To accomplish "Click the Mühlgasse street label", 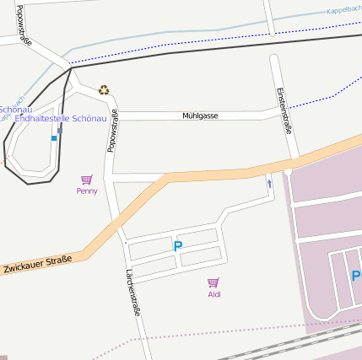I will pyautogui.click(x=200, y=116).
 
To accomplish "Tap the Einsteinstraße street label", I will pyautogui.click(x=284, y=110).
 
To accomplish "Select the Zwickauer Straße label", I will pyautogui.click(x=36, y=264).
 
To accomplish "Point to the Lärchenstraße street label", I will pyautogui.click(x=133, y=291).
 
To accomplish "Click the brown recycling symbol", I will pyautogui.click(x=104, y=89).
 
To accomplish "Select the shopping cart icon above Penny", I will pyautogui.click(x=86, y=180).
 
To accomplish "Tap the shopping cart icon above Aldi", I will pyautogui.click(x=213, y=283).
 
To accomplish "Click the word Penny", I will pyautogui.click(x=86, y=191).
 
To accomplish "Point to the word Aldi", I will pyautogui.click(x=213, y=294).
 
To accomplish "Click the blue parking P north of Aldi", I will pyautogui.click(x=177, y=246).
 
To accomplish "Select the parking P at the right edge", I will pyautogui.click(x=355, y=277).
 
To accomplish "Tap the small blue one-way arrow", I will pyautogui.click(x=269, y=183).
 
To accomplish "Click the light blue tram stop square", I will pyautogui.click(x=54, y=138).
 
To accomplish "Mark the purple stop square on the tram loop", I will pyautogui.click(x=60, y=131).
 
